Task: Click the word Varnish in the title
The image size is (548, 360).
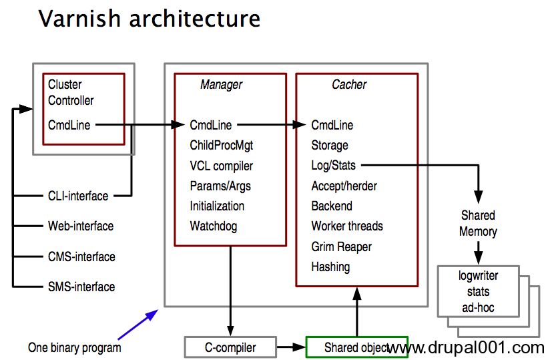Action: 80,19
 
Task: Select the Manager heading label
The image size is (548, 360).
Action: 221,84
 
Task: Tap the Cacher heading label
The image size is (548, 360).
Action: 349,84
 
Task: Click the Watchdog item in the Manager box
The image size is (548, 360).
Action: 214,226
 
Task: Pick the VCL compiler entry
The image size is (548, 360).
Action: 221,166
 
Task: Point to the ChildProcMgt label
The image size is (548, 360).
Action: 221,145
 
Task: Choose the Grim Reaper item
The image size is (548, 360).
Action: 342,246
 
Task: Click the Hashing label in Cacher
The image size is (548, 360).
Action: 330,267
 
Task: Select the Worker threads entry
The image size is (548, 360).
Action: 347,226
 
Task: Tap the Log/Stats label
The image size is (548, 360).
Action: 334,165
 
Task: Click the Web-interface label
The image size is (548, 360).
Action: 81,226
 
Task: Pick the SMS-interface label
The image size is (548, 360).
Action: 81,287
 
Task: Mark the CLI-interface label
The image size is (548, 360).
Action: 78,196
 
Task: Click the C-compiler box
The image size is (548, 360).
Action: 231,347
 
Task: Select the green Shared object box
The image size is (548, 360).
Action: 357,347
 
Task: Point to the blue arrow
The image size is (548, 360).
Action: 138,325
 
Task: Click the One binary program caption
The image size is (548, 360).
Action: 75,347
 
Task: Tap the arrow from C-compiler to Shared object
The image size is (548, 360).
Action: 292,347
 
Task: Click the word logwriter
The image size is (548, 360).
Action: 478,276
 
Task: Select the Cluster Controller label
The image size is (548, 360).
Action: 71,92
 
